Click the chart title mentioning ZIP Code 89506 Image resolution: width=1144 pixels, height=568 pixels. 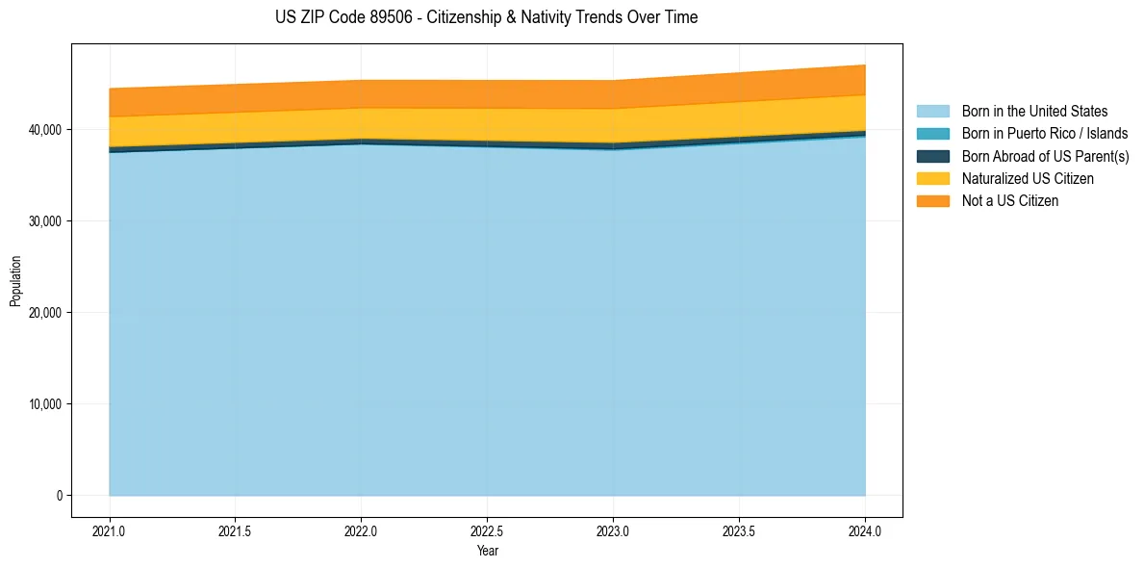pyautogui.click(x=487, y=17)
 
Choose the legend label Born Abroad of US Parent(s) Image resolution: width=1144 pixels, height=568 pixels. pyautogui.click(x=1045, y=156)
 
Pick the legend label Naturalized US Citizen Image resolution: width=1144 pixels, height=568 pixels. pyautogui.click(x=1028, y=179)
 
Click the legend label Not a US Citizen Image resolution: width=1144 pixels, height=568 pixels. pyautogui.click(x=1009, y=201)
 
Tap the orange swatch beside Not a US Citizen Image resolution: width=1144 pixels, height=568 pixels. pyautogui.click(x=932, y=201)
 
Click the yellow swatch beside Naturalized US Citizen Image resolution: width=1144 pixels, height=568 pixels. pyautogui.click(x=932, y=179)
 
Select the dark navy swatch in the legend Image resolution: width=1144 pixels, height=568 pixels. pyautogui.click(x=932, y=156)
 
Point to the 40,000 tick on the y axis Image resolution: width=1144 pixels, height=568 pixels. pyautogui.click(x=44, y=130)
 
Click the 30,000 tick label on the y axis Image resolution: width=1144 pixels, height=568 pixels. pyautogui.click(x=44, y=221)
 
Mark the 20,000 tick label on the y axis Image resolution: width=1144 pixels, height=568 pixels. pyautogui.click(x=44, y=313)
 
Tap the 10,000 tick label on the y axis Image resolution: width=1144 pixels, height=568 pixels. pyautogui.click(x=44, y=404)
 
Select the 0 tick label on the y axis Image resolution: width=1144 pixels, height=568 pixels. pyautogui.click(x=58, y=496)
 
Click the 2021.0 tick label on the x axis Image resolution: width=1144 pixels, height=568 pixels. pyautogui.click(x=110, y=530)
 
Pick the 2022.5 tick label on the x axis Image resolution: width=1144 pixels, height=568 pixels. pyautogui.click(x=487, y=530)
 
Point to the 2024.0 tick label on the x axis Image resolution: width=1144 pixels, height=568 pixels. pyautogui.click(x=865, y=530)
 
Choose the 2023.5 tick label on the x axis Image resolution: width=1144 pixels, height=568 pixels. pyautogui.click(x=739, y=530)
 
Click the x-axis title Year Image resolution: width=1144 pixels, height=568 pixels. pyautogui.click(x=487, y=551)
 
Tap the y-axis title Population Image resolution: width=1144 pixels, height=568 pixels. pyautogui.click(x=15, y=280)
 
